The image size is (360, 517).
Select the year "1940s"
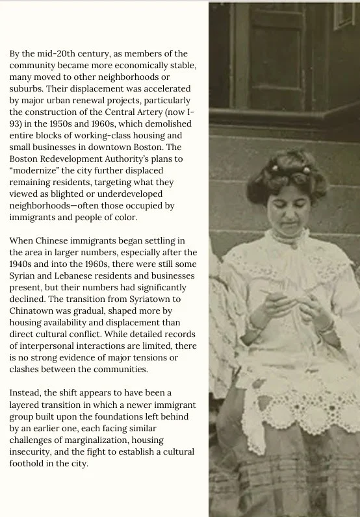[22, 264]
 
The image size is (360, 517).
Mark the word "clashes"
[25, 369]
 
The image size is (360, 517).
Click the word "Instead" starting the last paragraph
[26, 393]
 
